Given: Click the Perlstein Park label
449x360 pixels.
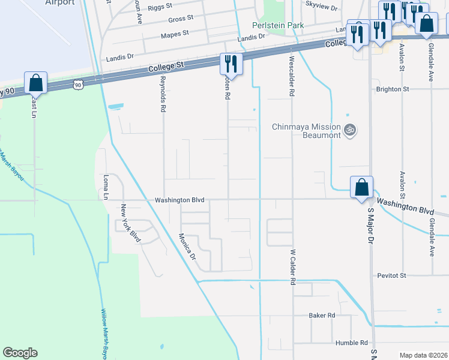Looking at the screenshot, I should [277, 25].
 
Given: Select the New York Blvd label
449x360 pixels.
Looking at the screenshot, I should [131, 223].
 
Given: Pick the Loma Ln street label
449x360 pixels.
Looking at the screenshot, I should [106, 187].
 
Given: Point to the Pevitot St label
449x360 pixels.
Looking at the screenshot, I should [392, 275].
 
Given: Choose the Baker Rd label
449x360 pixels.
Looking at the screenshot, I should [321, 315].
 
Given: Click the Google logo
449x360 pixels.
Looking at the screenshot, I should [20, 353].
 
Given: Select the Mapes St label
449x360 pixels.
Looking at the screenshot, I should [175, 34].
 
